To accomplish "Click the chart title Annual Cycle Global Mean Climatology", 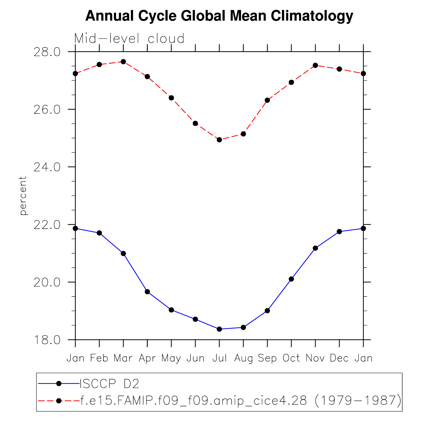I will [x=219, y=16].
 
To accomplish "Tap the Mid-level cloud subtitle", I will [x=129, y=39].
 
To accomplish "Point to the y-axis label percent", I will [x=23, y=196].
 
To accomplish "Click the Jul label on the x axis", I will [x=220, y=358].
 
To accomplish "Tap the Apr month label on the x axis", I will [x=147, y=358].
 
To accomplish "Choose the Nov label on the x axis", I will [x=315, y=358].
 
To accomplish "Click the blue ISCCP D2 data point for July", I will [x=219, y=329].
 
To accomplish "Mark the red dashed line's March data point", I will [x=123, y=62].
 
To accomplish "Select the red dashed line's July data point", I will [x=219, y=140].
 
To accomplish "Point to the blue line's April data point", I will [x=147, y=292].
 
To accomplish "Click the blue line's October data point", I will [x=291, y=279].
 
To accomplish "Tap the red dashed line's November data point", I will [x=315, y=65].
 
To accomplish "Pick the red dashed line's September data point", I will [x=267, y=100].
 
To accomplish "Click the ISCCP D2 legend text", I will [x=110, y=383].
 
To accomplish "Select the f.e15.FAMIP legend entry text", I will [x=241, y=401].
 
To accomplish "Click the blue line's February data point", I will [x=99, y=233].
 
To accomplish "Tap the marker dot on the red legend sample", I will [x=59, y=401].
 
